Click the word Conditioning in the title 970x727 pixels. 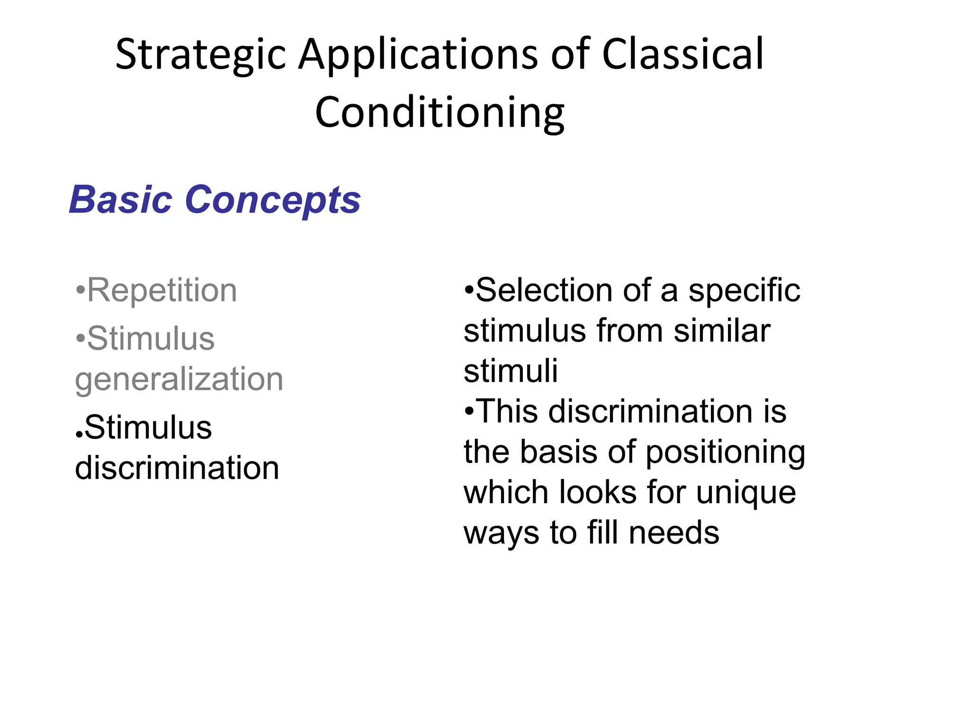(440, 113)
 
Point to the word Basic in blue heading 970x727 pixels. (121, 200)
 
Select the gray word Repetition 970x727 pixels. (162, 290)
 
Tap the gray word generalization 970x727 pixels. (179, 379)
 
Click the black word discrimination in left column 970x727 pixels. (177, 468)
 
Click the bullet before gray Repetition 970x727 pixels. (81, 289)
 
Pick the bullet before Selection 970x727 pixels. (468, 289)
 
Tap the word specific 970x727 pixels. (744, 291)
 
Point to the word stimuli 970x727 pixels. (511, 371)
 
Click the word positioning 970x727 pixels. (725, 452)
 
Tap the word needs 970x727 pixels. (674, 533)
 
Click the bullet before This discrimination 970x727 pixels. (469, 411)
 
